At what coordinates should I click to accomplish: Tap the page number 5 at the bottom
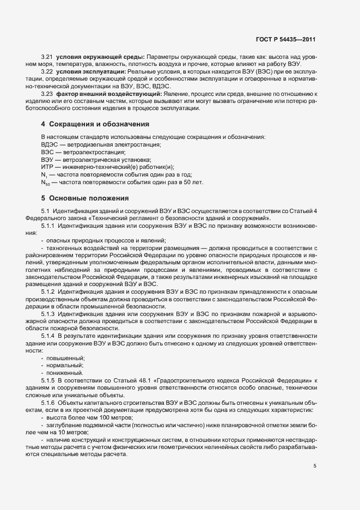pyautogui.click(x=315, y=466)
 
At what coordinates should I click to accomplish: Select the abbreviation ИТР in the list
pyautogui.click(x=46, y=167)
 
